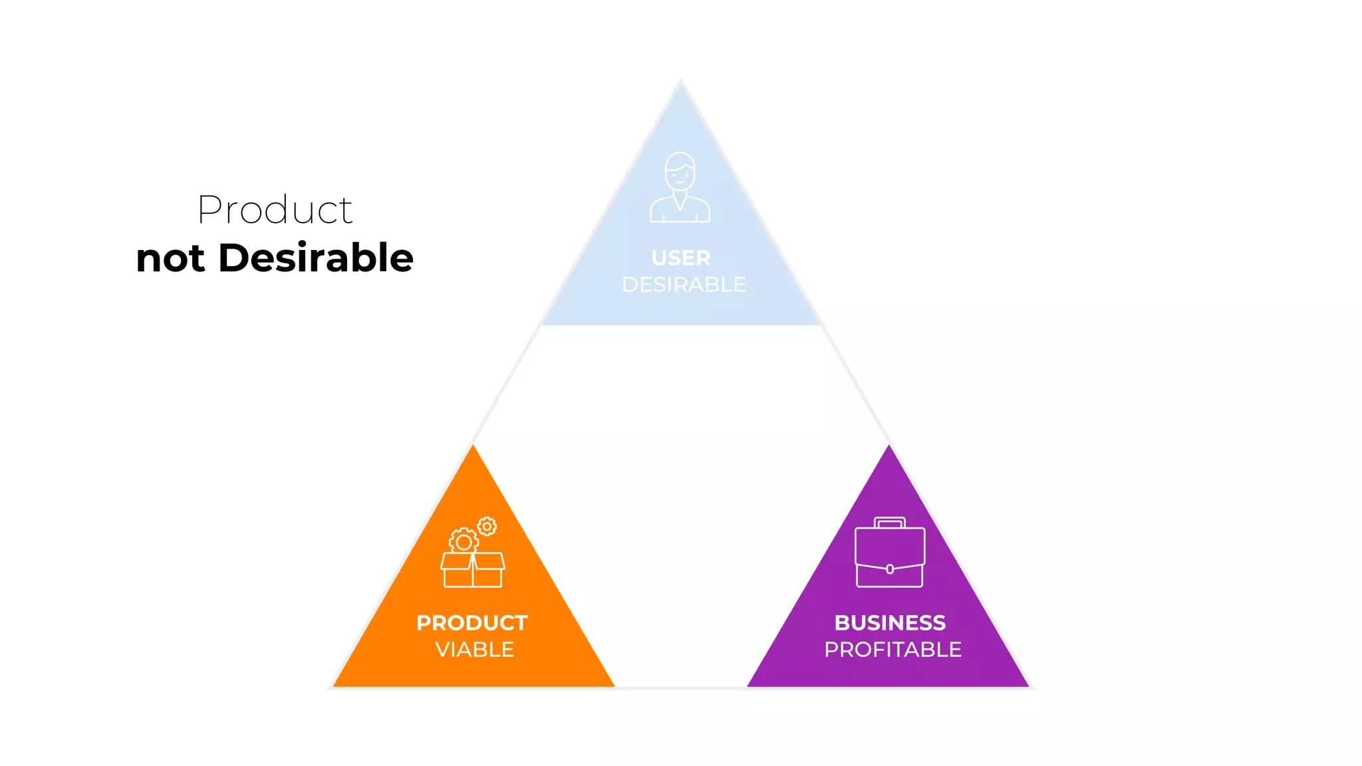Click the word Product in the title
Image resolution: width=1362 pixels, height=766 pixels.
(275, 210)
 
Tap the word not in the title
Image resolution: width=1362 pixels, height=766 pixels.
(170, 259)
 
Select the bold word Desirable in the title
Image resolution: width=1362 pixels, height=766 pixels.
(316, 258)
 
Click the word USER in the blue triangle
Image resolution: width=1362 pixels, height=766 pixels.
(681, 258)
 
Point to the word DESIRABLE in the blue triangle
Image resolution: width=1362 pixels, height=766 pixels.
(684, 285)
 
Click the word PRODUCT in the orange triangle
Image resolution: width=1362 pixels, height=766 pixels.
(472, 623)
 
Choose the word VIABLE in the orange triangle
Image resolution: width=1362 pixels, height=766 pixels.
(475, 650)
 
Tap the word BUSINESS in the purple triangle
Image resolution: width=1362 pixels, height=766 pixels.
(890, 623)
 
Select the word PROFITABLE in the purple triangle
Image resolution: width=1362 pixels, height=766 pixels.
(892, 650)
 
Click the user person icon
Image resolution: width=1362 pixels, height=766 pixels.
(680, 188)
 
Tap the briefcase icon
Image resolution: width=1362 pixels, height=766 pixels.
(890, 553)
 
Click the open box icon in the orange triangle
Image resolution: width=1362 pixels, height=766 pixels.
(473, 570)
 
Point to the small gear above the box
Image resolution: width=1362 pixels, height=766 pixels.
(487, 527)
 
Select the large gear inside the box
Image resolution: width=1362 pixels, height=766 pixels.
(464, 541)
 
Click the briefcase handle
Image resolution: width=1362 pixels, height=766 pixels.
(890, 522)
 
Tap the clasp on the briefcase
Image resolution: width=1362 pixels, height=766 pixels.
(890, 569)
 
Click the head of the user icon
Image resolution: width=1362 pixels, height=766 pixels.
(680, 171)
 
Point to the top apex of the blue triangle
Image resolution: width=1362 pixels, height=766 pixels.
(680, 82)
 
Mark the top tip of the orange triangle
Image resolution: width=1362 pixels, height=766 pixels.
(473, 446)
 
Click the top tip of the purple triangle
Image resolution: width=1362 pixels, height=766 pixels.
(888, 446)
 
